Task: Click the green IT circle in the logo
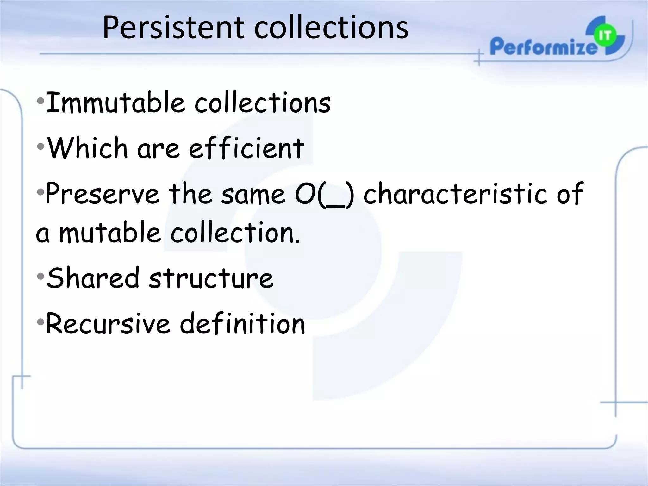tap(605, 36)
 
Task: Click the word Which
tap(87, 148)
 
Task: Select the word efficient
tap(246, 148)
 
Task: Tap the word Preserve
tap(102, 193)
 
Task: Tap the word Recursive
tap(108, 323)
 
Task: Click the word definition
tap(242, 323)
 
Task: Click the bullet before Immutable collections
tap(40, 102)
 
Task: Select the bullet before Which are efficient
tap(40, 147)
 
